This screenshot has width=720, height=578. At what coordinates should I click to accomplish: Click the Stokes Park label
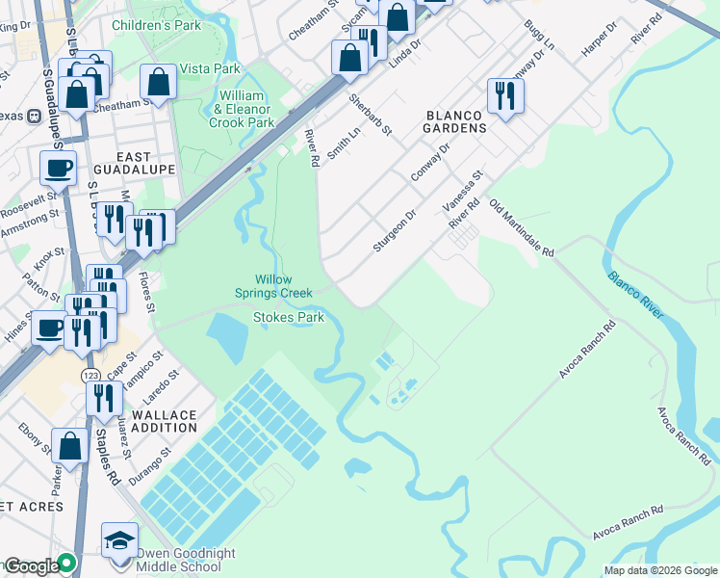point(288,316)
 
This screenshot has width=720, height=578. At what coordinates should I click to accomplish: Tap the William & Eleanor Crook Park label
point(242,110)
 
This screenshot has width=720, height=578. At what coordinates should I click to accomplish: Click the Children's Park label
point(157,25)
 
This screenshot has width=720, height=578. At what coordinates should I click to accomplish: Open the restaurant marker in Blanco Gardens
point(505,96)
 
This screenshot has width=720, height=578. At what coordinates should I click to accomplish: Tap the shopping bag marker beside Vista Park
point(158,82)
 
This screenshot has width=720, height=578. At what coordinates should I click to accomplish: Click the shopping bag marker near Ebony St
point(69,446)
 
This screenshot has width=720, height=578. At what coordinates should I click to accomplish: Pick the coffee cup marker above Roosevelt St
point(58,168)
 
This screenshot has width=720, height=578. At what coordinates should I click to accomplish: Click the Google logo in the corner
point(31,566)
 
